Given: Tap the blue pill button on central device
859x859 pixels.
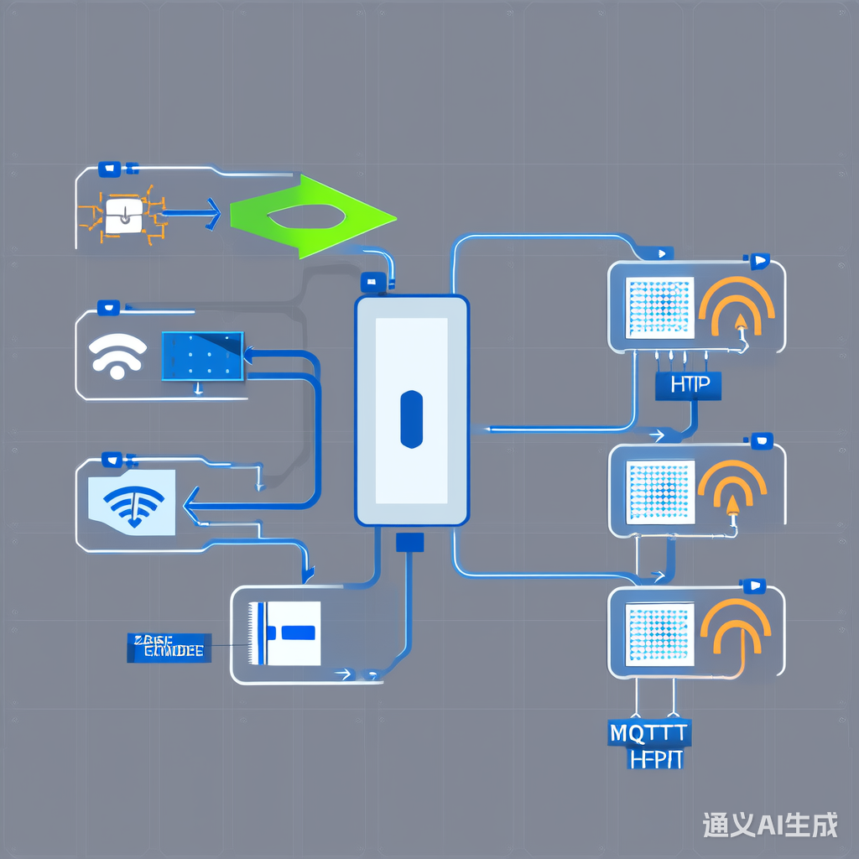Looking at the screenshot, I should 412,419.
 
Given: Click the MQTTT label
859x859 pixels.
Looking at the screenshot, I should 648,732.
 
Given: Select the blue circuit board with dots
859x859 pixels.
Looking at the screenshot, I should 201,356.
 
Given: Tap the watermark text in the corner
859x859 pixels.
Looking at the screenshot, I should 770,825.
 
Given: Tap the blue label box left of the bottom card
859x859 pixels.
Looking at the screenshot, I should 168,648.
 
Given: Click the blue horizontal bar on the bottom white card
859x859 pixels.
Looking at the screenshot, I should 298,632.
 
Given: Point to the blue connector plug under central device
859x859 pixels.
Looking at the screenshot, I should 409,542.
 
